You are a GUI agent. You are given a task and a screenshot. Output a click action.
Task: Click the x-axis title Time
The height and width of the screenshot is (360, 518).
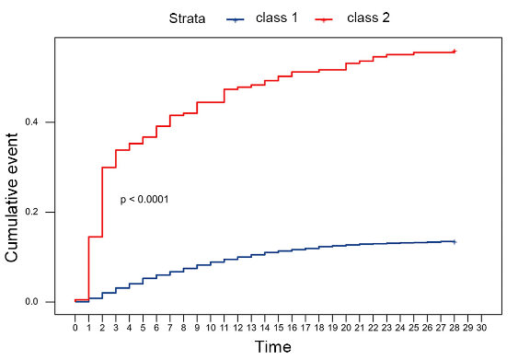coord(273,346)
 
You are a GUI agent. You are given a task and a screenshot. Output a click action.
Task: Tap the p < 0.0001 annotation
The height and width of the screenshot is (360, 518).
coord(144,200)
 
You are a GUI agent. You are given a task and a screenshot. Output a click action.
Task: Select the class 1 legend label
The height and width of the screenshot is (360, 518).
coord(279,17)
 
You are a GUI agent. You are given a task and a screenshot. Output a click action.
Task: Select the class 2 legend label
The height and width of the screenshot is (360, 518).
coord(368,17)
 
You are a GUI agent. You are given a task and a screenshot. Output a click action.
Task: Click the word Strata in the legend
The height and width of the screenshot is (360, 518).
coord(187,17)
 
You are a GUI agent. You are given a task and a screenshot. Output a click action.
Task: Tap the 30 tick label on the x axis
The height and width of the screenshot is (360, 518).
coord(481,326)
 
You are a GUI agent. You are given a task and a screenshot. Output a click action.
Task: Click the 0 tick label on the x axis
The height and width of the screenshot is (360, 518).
coord(75,326)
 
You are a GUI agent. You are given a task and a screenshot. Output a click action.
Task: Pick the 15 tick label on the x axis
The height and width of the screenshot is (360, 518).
coord(278,326)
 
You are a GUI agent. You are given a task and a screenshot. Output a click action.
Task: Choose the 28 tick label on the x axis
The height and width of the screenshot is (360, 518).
coord(454,326)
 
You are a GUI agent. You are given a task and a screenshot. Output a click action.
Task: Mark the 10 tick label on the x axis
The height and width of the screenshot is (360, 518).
coord(211,326)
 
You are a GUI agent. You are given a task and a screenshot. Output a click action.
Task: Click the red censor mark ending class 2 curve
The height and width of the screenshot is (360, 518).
coord(454,52)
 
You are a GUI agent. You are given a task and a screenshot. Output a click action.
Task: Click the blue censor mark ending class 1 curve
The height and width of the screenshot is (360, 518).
coord(454,241)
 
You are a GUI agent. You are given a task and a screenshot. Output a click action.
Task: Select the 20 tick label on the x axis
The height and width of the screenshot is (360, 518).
coord(346,326)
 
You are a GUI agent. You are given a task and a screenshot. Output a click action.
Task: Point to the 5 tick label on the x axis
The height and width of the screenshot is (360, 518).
coord(143,326)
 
